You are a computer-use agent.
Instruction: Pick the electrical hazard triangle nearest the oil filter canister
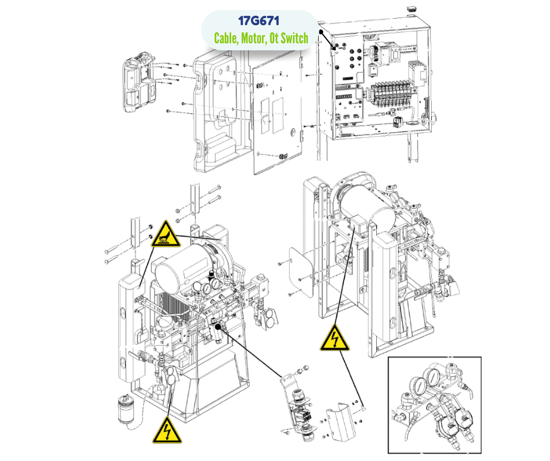click(x=166, y=431)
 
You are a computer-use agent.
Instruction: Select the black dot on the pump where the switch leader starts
click(x=219, y=324)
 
